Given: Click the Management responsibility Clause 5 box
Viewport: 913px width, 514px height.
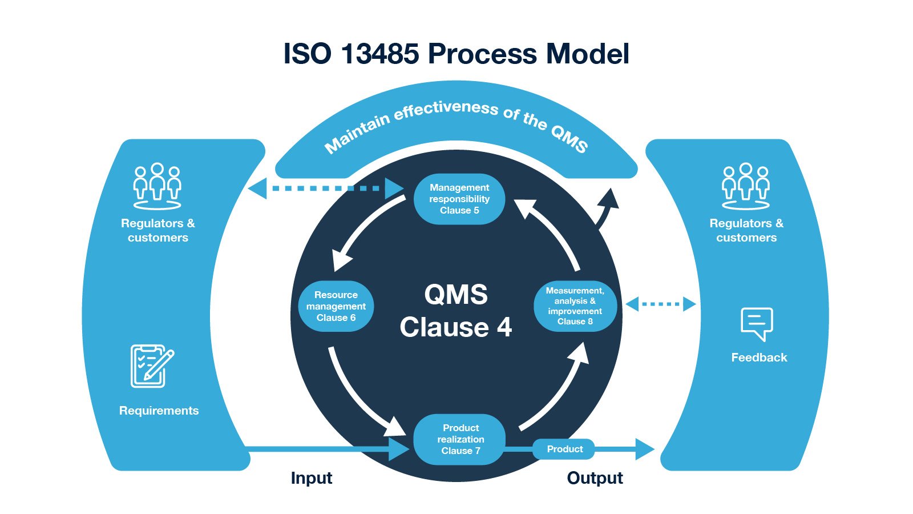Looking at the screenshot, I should tap(459, 199).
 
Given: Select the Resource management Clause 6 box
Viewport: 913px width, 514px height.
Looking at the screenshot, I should tap(336, 306).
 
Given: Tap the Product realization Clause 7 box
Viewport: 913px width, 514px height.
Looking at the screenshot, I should tap(460, 439).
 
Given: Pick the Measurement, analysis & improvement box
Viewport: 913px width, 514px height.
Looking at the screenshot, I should tap(575, 306).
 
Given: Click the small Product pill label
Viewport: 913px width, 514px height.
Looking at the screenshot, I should tap(564, 449).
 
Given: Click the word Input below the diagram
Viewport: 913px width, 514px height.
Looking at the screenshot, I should tap(311, 478).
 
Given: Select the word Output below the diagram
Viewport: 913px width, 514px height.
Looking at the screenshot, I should tap(595, 478).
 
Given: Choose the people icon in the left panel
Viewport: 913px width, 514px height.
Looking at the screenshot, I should tap(157, 186).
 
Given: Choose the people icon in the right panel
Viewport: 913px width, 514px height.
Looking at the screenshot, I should tap(745, 186).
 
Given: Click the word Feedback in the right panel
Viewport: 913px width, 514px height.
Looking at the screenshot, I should tap(759, 358).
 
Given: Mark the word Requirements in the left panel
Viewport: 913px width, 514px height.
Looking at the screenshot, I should tap(159, 411).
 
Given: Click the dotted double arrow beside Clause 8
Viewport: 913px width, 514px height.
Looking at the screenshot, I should tap(661, 304).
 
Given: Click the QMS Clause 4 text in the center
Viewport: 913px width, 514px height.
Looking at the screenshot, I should tap(456, 311).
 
